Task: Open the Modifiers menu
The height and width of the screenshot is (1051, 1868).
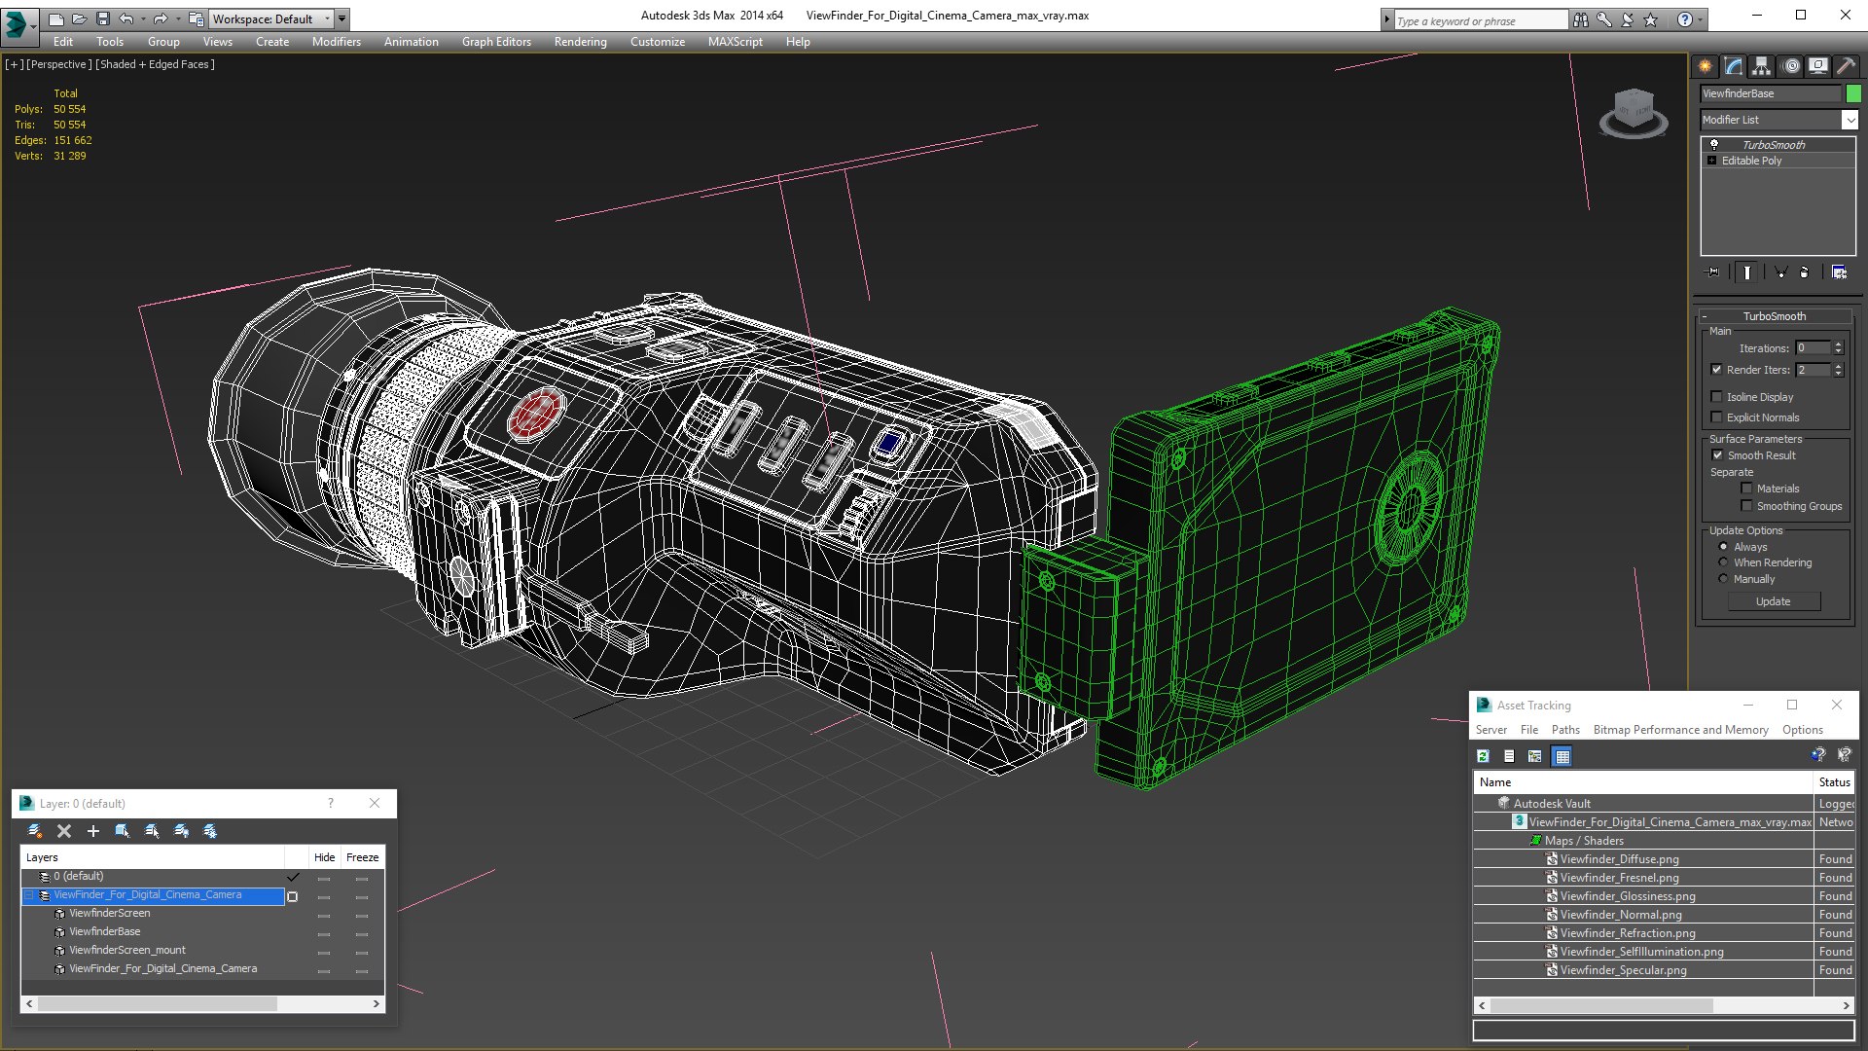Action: tap(336, 42)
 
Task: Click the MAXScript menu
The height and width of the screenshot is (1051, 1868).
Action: tap(735, 42)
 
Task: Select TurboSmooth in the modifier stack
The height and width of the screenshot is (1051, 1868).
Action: tap(1773, 145)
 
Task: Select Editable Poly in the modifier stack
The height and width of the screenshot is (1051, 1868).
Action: tap(1751, 161)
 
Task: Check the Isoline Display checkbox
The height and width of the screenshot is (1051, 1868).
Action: tap(1717, 397)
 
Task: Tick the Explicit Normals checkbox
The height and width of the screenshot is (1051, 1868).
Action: tap(1717, 417)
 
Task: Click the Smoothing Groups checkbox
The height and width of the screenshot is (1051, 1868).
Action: tap(1746, 506)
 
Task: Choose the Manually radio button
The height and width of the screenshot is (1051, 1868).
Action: tap(1724, 579)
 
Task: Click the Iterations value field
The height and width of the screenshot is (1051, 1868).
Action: tap(1812, 348)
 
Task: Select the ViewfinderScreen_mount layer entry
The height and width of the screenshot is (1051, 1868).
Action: tap(127, 951)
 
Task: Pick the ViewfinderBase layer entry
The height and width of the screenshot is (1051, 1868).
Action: tap(105, 932)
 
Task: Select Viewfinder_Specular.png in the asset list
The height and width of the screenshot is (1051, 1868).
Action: tap(1623, 970)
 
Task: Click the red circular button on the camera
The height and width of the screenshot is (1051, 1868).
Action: tap(535, 415)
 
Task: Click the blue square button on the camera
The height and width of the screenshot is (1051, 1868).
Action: tap(888, 444)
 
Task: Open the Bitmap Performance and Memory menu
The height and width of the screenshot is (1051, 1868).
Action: tap(1680, 730)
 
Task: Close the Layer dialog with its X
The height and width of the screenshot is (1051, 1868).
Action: tap(375, 803)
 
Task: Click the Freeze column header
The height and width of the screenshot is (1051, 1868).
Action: tap(362, 857)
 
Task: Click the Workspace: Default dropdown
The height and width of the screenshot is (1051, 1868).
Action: tap(271, 18)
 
